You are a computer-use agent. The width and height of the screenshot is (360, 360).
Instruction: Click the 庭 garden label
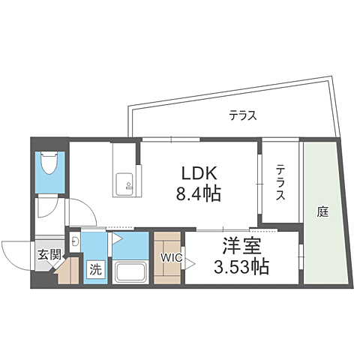[322, 211]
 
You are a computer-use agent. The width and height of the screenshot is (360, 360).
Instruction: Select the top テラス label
[243, 115]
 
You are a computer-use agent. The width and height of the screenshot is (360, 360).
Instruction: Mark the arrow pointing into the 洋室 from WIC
[193, 263]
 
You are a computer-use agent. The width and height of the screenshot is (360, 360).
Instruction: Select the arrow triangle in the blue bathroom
[117, 238]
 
